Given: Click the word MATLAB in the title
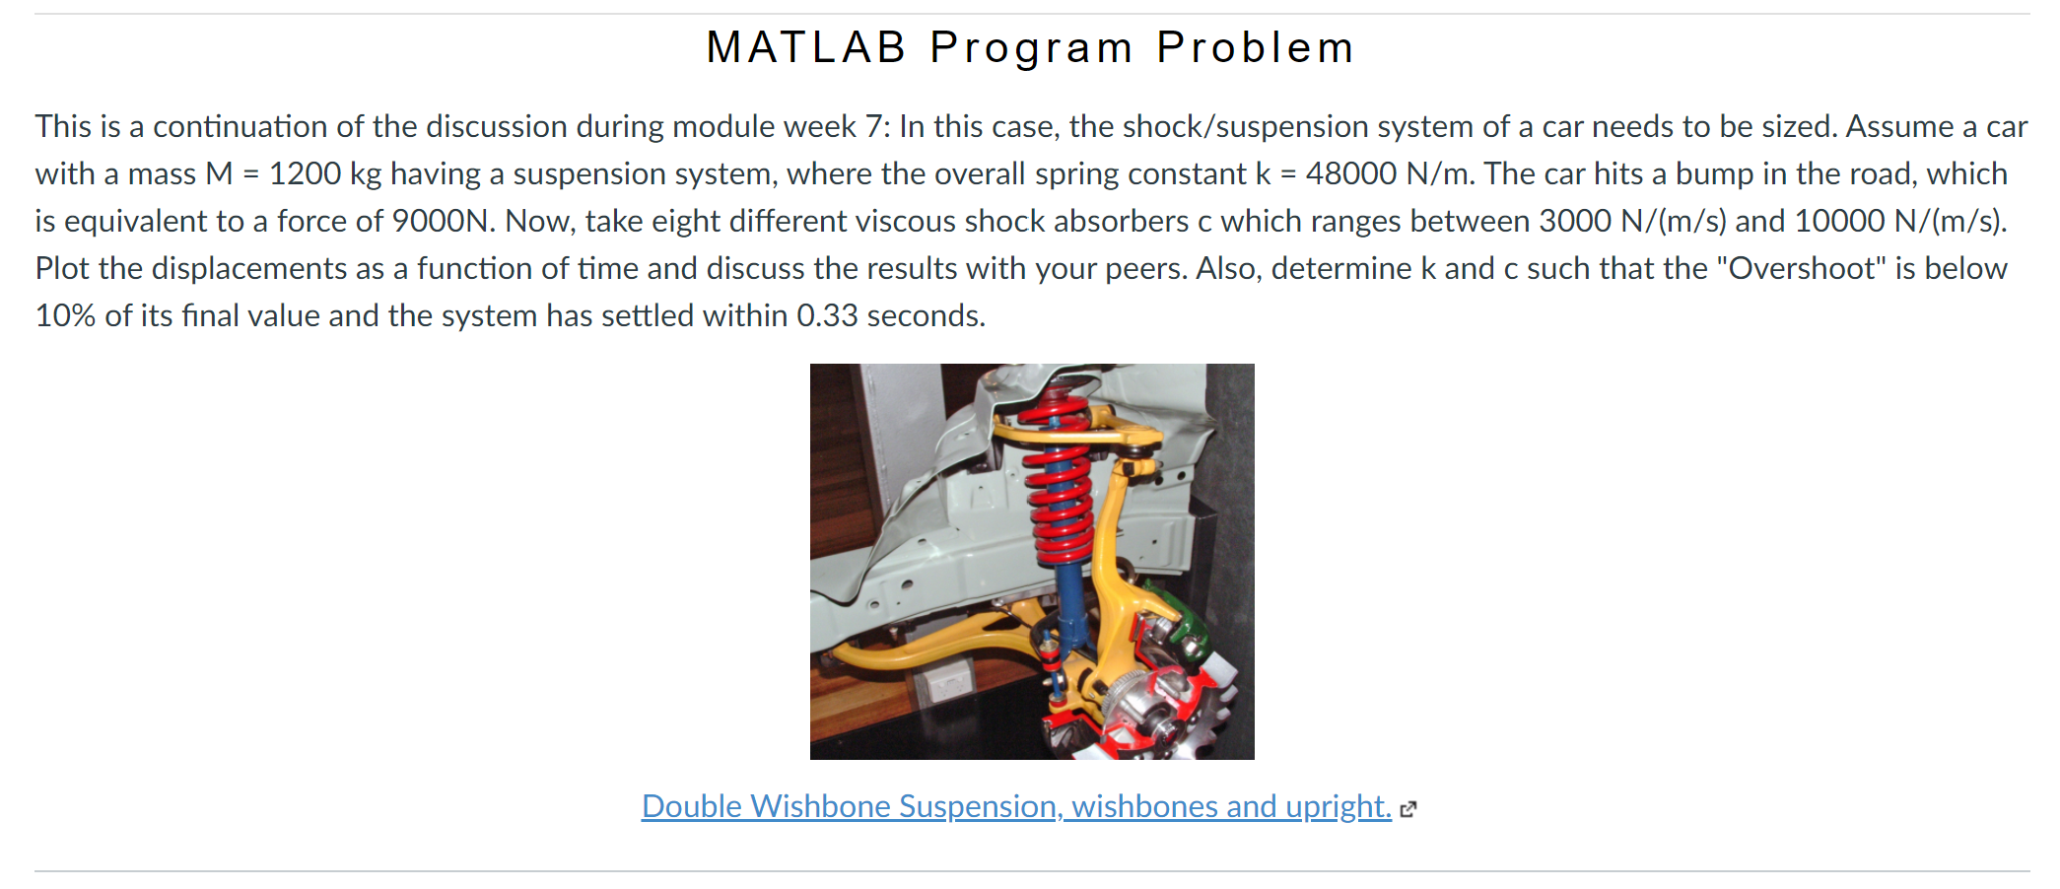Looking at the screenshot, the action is (805, 47).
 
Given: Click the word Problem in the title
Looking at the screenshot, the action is (1256, 47).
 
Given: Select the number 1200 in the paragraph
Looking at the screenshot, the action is (305, 173).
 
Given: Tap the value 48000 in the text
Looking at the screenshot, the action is (1351, 173).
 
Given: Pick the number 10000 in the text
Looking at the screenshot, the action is (1839, 221).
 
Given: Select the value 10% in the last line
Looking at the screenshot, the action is (65, 315).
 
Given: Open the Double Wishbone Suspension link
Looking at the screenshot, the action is (1016, 806).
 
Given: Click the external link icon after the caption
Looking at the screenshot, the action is (1408, 809).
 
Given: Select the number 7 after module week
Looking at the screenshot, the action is (872, 126).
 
